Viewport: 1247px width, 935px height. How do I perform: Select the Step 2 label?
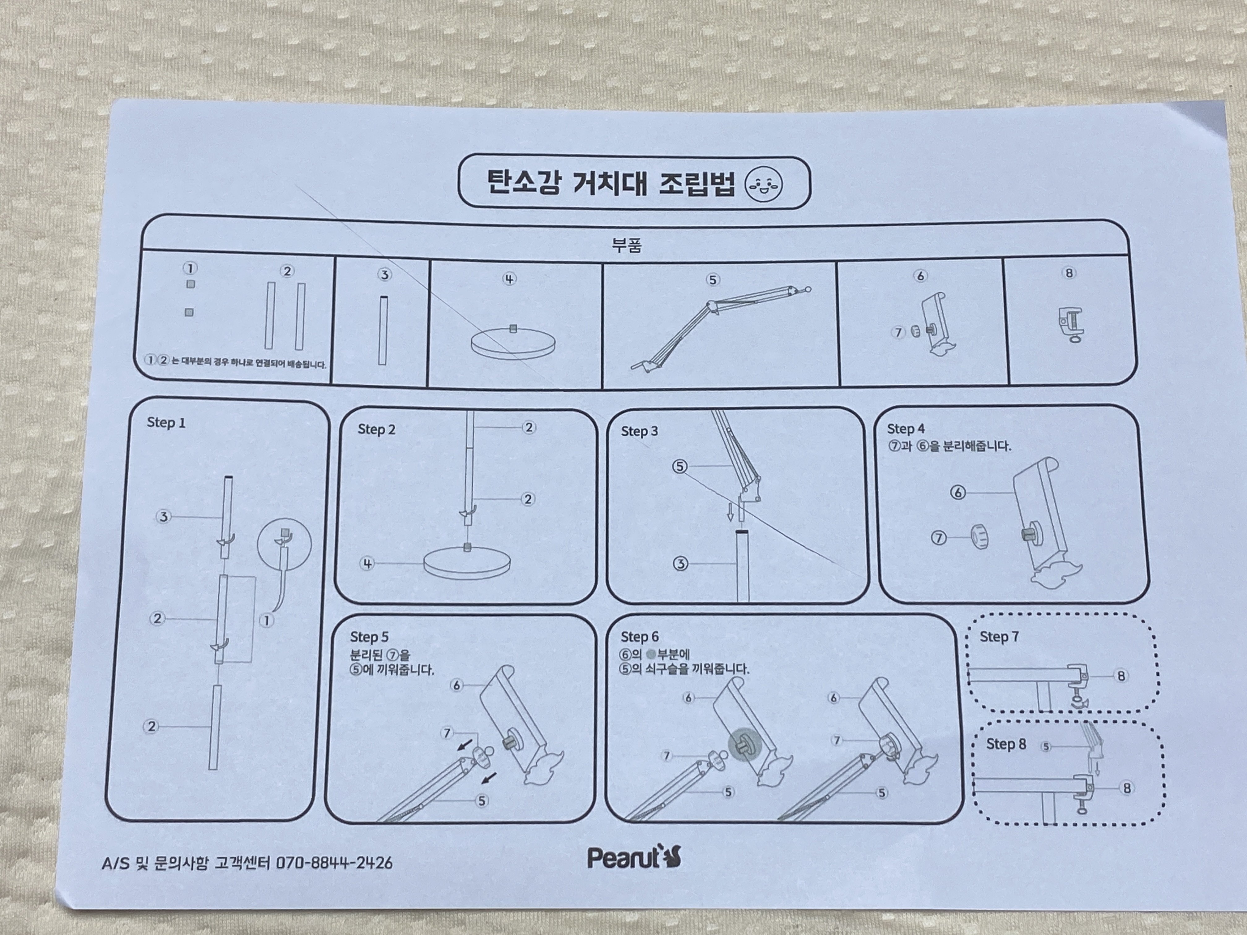tap(377, 429)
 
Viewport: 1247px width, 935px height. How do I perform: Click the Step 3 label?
tap(639, 431)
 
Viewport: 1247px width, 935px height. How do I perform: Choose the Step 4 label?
tap(906, 429)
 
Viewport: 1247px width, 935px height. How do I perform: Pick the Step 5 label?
tap(369, 637)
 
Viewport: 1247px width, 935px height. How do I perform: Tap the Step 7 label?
tap(999, 637)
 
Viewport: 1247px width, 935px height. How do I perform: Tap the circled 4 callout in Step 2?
tap(367, 563)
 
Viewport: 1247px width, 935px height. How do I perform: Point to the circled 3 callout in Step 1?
tap(164, 516)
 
